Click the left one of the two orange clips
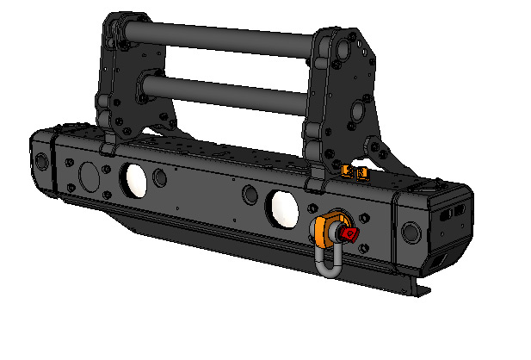(x=349, y=171)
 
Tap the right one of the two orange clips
(x=362, y=175)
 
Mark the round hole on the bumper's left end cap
(x=41, y=161)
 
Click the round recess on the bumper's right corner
(x=411, y=231)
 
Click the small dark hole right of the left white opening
(x=160, y=179)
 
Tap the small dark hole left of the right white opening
(x=249, y=194)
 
